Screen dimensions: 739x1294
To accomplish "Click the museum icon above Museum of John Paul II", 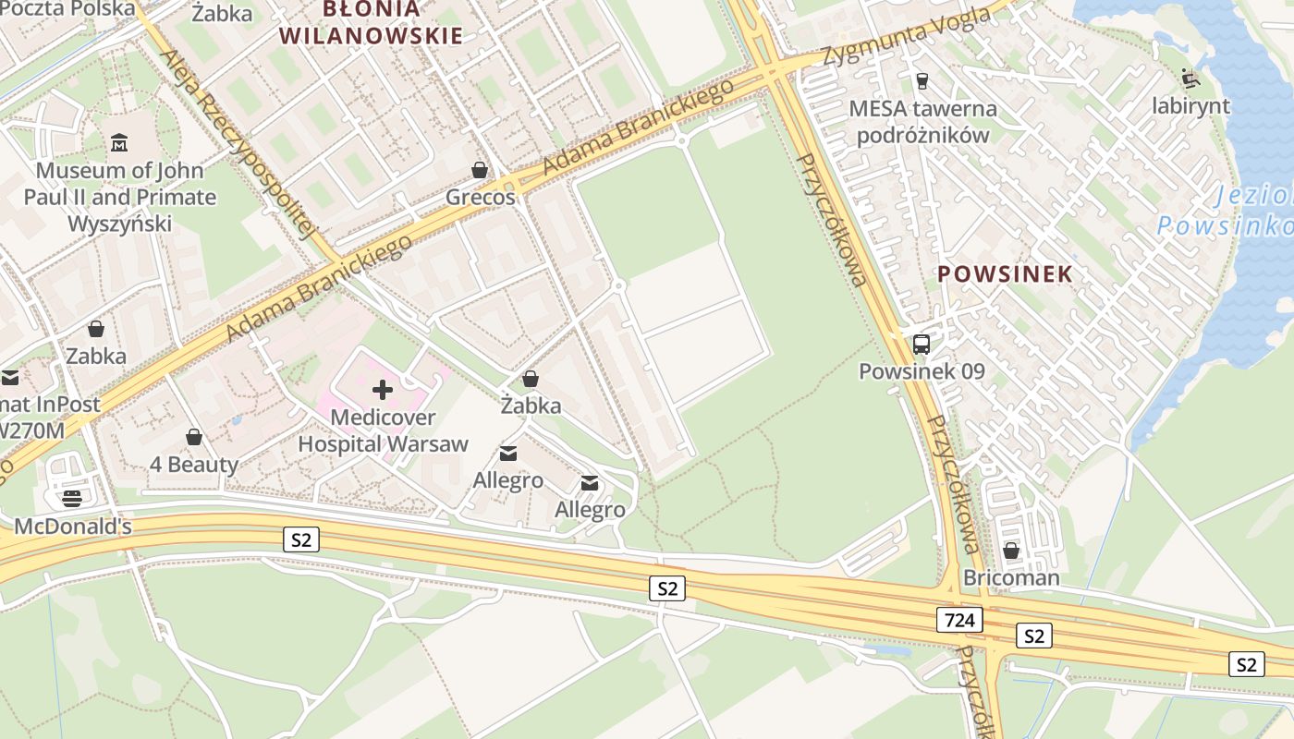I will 119,143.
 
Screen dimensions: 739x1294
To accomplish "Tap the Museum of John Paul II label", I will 120,197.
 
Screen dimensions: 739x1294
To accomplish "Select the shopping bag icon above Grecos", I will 479,170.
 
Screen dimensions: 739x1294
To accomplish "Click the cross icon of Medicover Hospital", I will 383,390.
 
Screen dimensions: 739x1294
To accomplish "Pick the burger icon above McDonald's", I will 72,499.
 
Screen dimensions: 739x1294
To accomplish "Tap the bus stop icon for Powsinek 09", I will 921,345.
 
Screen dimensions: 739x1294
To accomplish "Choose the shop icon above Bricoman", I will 1011,551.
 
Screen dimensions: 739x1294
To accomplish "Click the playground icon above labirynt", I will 1190,79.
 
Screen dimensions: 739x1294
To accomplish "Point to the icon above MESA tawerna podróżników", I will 921,81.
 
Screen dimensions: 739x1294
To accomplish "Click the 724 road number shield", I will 959,620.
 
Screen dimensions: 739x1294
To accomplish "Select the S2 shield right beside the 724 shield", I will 1033,636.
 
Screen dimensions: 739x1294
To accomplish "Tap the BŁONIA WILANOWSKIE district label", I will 371,23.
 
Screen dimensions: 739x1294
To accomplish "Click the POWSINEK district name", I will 1005,273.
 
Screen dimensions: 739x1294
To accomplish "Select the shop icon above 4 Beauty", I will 194,437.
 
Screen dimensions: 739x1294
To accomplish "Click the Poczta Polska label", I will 67,8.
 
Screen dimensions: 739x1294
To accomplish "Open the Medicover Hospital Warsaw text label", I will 383,430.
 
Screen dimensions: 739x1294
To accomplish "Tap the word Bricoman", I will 1011,578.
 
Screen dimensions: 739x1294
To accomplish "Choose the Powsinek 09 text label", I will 922,371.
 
